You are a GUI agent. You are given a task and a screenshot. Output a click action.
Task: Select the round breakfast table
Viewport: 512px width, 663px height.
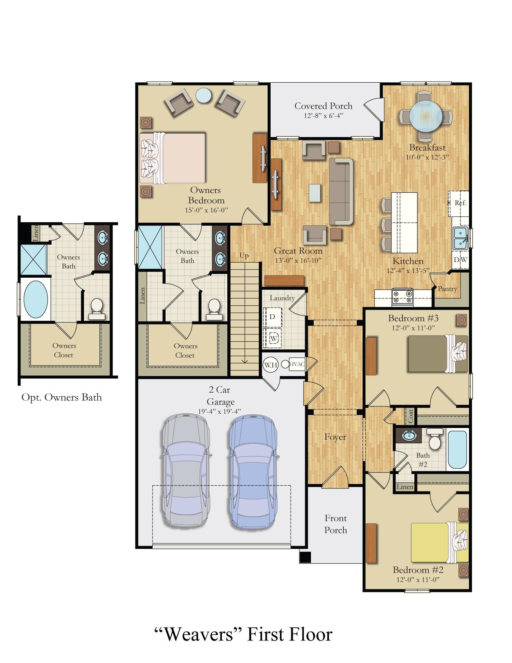click(426, 116)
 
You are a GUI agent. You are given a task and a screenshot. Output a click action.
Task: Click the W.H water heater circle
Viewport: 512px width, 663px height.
click(270, 365)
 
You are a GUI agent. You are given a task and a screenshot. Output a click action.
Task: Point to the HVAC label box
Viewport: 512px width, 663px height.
click(297, 364)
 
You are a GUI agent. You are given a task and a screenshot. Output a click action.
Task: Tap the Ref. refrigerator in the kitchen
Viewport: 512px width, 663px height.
click(460, 203)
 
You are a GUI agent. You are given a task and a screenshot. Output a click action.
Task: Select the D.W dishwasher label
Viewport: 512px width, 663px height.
click(460, 260)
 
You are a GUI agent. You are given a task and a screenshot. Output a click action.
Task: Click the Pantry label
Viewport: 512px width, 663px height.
click(447, 289)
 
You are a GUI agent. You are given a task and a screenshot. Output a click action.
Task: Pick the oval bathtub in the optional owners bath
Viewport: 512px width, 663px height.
click(35, 299)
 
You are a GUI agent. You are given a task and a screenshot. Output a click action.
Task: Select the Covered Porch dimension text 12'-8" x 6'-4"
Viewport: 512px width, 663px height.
click(323, 116)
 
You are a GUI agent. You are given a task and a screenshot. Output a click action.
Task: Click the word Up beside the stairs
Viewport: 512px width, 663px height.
click(244, 255)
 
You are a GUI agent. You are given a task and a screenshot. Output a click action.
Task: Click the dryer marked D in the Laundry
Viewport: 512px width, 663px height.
click(272, 317)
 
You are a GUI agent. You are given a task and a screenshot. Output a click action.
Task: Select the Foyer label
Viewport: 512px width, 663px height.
click(335, 437)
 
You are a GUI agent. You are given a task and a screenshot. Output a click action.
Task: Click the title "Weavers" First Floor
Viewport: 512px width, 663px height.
click(243, 635)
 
